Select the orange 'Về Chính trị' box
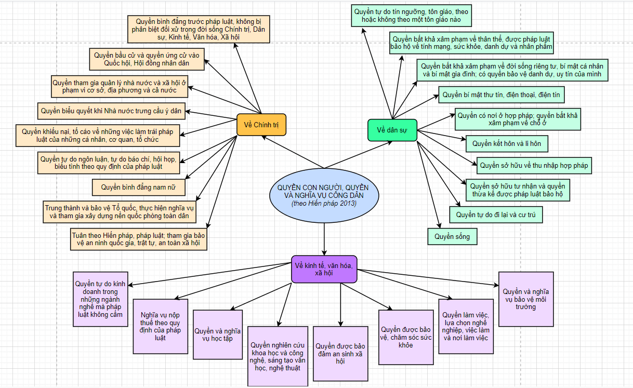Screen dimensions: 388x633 click(x=261, y=125)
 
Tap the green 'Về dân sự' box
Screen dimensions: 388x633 click(x=392, y=130)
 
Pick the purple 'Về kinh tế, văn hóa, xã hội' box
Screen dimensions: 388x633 click(x=324, y=269)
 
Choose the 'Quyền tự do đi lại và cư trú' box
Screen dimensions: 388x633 click(x=496, y=214)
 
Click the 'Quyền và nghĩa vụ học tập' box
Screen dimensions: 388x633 click(x=217, y=335)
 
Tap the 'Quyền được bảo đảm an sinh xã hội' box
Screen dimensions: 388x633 click(x=340, y=353)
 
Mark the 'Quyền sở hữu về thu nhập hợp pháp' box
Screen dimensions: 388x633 click(x=534, y=165)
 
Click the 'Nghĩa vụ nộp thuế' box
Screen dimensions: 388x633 click(x=160, y=326)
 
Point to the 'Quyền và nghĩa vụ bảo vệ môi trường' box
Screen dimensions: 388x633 click(x=526, y=299)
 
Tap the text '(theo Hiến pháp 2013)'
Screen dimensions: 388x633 click(x=324, y=204)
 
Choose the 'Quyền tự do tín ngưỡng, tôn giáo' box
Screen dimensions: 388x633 click(x=411, y=16)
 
